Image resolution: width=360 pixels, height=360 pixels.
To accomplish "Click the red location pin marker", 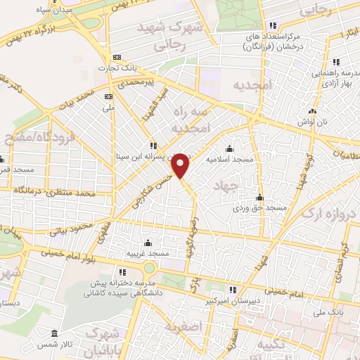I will pos(181,165).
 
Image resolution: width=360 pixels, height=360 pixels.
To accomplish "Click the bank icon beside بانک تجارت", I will pos(117,57).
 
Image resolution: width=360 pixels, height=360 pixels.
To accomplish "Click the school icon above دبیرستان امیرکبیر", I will pos(233,289).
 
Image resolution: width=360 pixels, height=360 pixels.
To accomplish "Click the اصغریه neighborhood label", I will pos(186,328).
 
